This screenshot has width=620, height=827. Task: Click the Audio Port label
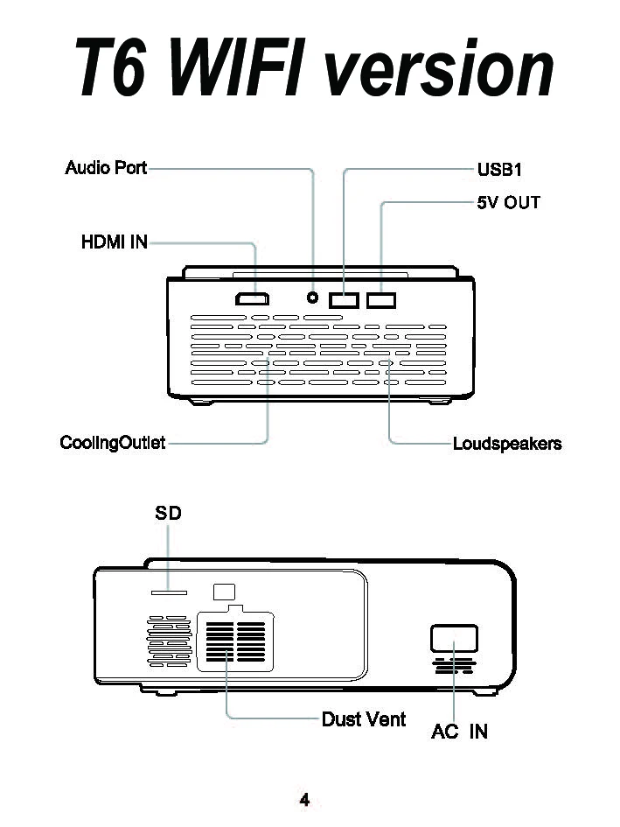(x=106, y=167)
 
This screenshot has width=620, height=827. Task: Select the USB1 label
(x=499, y=169)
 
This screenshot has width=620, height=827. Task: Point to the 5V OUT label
(x=508, y=203)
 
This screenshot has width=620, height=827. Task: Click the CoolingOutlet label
(x=112, y=443)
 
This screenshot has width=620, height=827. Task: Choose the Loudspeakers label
(x=507, y=444)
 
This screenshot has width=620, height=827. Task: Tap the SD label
(x=168, y=514)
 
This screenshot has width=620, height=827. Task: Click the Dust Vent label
(x=364, y=719)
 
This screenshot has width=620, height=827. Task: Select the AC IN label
(x=459, y=732)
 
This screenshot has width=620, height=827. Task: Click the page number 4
(x=304, y=799)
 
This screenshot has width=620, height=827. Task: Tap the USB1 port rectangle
(x=345, y=300)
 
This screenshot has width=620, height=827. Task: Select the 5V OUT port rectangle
(x=381, y=300)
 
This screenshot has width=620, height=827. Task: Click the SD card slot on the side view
(x=169, y=592)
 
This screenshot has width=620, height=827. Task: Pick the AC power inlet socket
(x=454, y=639)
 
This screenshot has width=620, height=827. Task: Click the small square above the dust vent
(x=225, y=592)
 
